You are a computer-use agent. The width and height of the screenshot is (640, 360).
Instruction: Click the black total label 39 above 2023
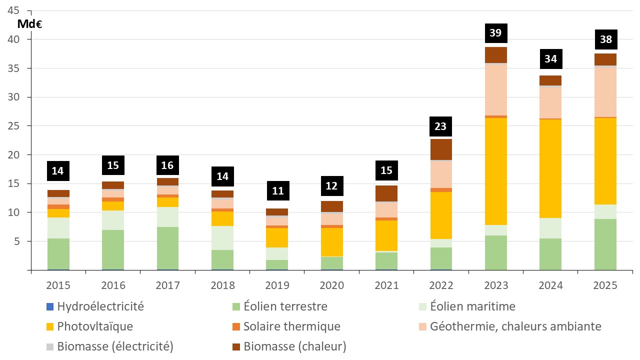click(x=496, y=33)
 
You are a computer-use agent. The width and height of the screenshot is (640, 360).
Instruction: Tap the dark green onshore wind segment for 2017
click(x=167, y=248)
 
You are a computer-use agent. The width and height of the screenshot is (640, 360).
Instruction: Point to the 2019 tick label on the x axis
click(x=277, y=285)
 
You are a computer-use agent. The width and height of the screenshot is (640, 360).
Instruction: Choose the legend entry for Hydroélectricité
click(x=100, y=306)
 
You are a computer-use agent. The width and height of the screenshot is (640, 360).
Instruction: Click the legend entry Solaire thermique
click(x=291, y=326)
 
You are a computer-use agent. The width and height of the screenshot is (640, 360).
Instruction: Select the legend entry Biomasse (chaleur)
click(x=295, y=346)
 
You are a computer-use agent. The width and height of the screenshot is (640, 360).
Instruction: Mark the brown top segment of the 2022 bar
click(x=441, y=149)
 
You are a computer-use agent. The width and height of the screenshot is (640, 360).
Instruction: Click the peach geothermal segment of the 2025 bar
click(x=605, y=92)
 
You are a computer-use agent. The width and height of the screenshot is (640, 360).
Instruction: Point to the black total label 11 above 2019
click(x=277, y=190)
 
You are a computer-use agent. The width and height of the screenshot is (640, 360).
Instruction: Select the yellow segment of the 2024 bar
click(x=550, y=168)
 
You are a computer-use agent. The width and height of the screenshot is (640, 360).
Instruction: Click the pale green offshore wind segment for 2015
click(x=58, y=228)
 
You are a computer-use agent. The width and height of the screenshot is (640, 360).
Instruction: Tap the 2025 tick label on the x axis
click(x=605, y=285)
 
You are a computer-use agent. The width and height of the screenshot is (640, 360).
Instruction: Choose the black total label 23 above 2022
click(x=441, y=126)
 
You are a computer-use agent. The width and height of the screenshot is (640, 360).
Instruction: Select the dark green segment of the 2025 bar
click(x=605, y=244)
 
